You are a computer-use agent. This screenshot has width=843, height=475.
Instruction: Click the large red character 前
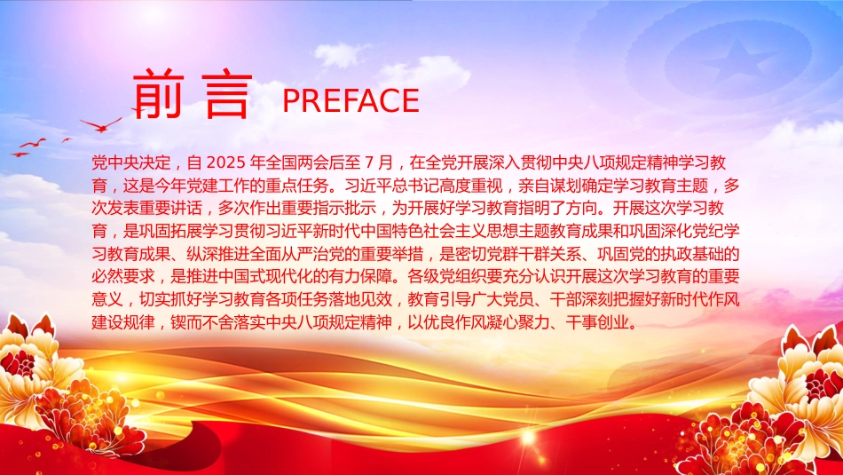pos(158,93)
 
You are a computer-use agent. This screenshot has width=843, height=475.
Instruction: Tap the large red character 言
pos(228,95)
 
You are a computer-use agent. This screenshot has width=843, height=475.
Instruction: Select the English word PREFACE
pos(351,100)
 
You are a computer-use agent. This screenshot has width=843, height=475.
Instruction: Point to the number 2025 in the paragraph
pos(225,162)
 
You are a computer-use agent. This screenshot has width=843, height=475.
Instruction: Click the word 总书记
pos(408,186)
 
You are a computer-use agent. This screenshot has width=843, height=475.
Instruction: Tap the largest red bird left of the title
pos(101,125)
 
